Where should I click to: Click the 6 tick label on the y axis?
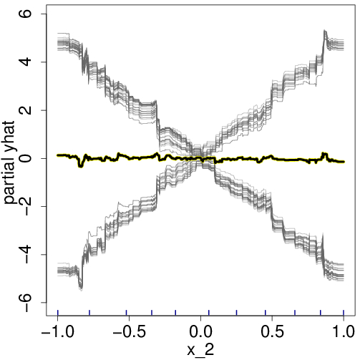pos(33,14)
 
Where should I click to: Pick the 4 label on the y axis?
pos(33,62)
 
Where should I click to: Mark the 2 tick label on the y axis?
pos(33,110)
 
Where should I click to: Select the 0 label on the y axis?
pos(33,158)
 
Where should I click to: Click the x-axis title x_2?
pos(201,350)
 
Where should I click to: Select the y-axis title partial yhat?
pos(12,158)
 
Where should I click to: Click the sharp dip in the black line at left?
pos(80,166)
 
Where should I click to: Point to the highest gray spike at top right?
pos(325,31)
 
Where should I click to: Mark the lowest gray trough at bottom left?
pos(81,288)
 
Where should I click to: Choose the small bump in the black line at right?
pos(325,154)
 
